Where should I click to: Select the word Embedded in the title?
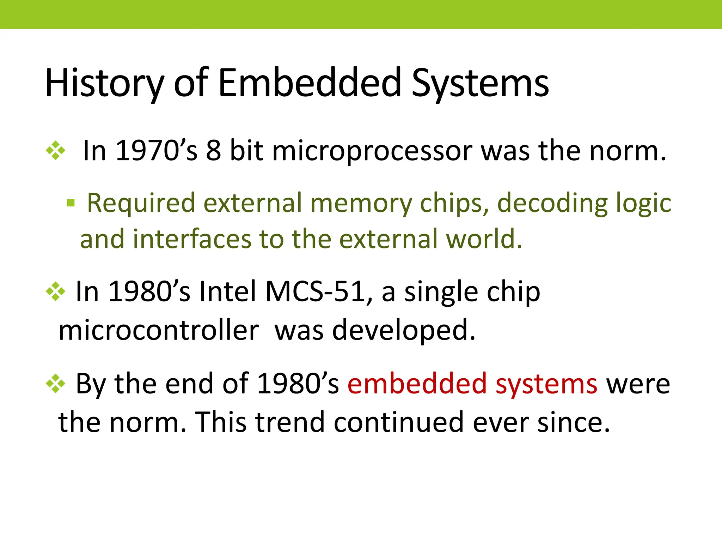(x=310, y=83)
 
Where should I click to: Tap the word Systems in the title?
(x=480, y=83)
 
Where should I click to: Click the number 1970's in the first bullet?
(x=156, y=151)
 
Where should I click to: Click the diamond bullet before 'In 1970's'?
(x=56, y=151)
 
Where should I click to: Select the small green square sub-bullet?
(x=71, y=203)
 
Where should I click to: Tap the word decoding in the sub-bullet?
(x=552, y=203)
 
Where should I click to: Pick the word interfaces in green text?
(x=192, y=239)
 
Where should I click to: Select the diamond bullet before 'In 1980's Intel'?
(x=56, y=292)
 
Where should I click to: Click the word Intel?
(x=227, y=292)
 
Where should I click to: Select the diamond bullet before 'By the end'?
(x=56, y=384)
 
